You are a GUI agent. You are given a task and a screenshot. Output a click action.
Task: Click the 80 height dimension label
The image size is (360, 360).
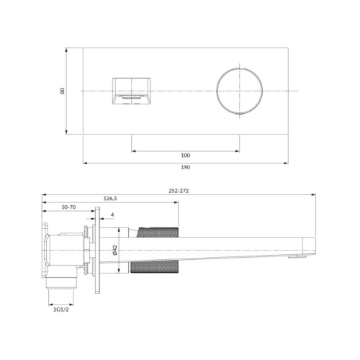pyautogui.click(x=63, y=91)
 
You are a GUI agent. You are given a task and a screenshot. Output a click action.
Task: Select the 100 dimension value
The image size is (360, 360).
pyautogui.click(x=186, y=156)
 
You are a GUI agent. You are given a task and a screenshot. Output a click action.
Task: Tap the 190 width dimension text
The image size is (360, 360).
pyautogui.click(x=186, y=167)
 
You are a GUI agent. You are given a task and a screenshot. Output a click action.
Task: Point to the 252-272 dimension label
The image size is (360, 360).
pyautogui.click(x=179, y=191)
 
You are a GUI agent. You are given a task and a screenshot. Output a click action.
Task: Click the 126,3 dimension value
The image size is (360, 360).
pyautogui.click(x=110, y=199)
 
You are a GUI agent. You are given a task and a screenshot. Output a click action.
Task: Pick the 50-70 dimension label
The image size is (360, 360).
pyautogui.click(x=68, y=207)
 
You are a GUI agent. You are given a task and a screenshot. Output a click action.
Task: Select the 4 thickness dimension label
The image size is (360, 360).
pyautogui.click(x=112, y=215)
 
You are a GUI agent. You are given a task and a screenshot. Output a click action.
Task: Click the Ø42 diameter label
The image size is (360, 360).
pyautogui.click(x=114, y=250)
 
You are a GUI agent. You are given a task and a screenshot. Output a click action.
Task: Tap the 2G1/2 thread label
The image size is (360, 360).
pyautogui.click(x=61, y=310)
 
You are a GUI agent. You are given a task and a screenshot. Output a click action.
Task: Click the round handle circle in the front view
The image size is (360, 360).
pyautogui.click(x=217, y=91)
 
